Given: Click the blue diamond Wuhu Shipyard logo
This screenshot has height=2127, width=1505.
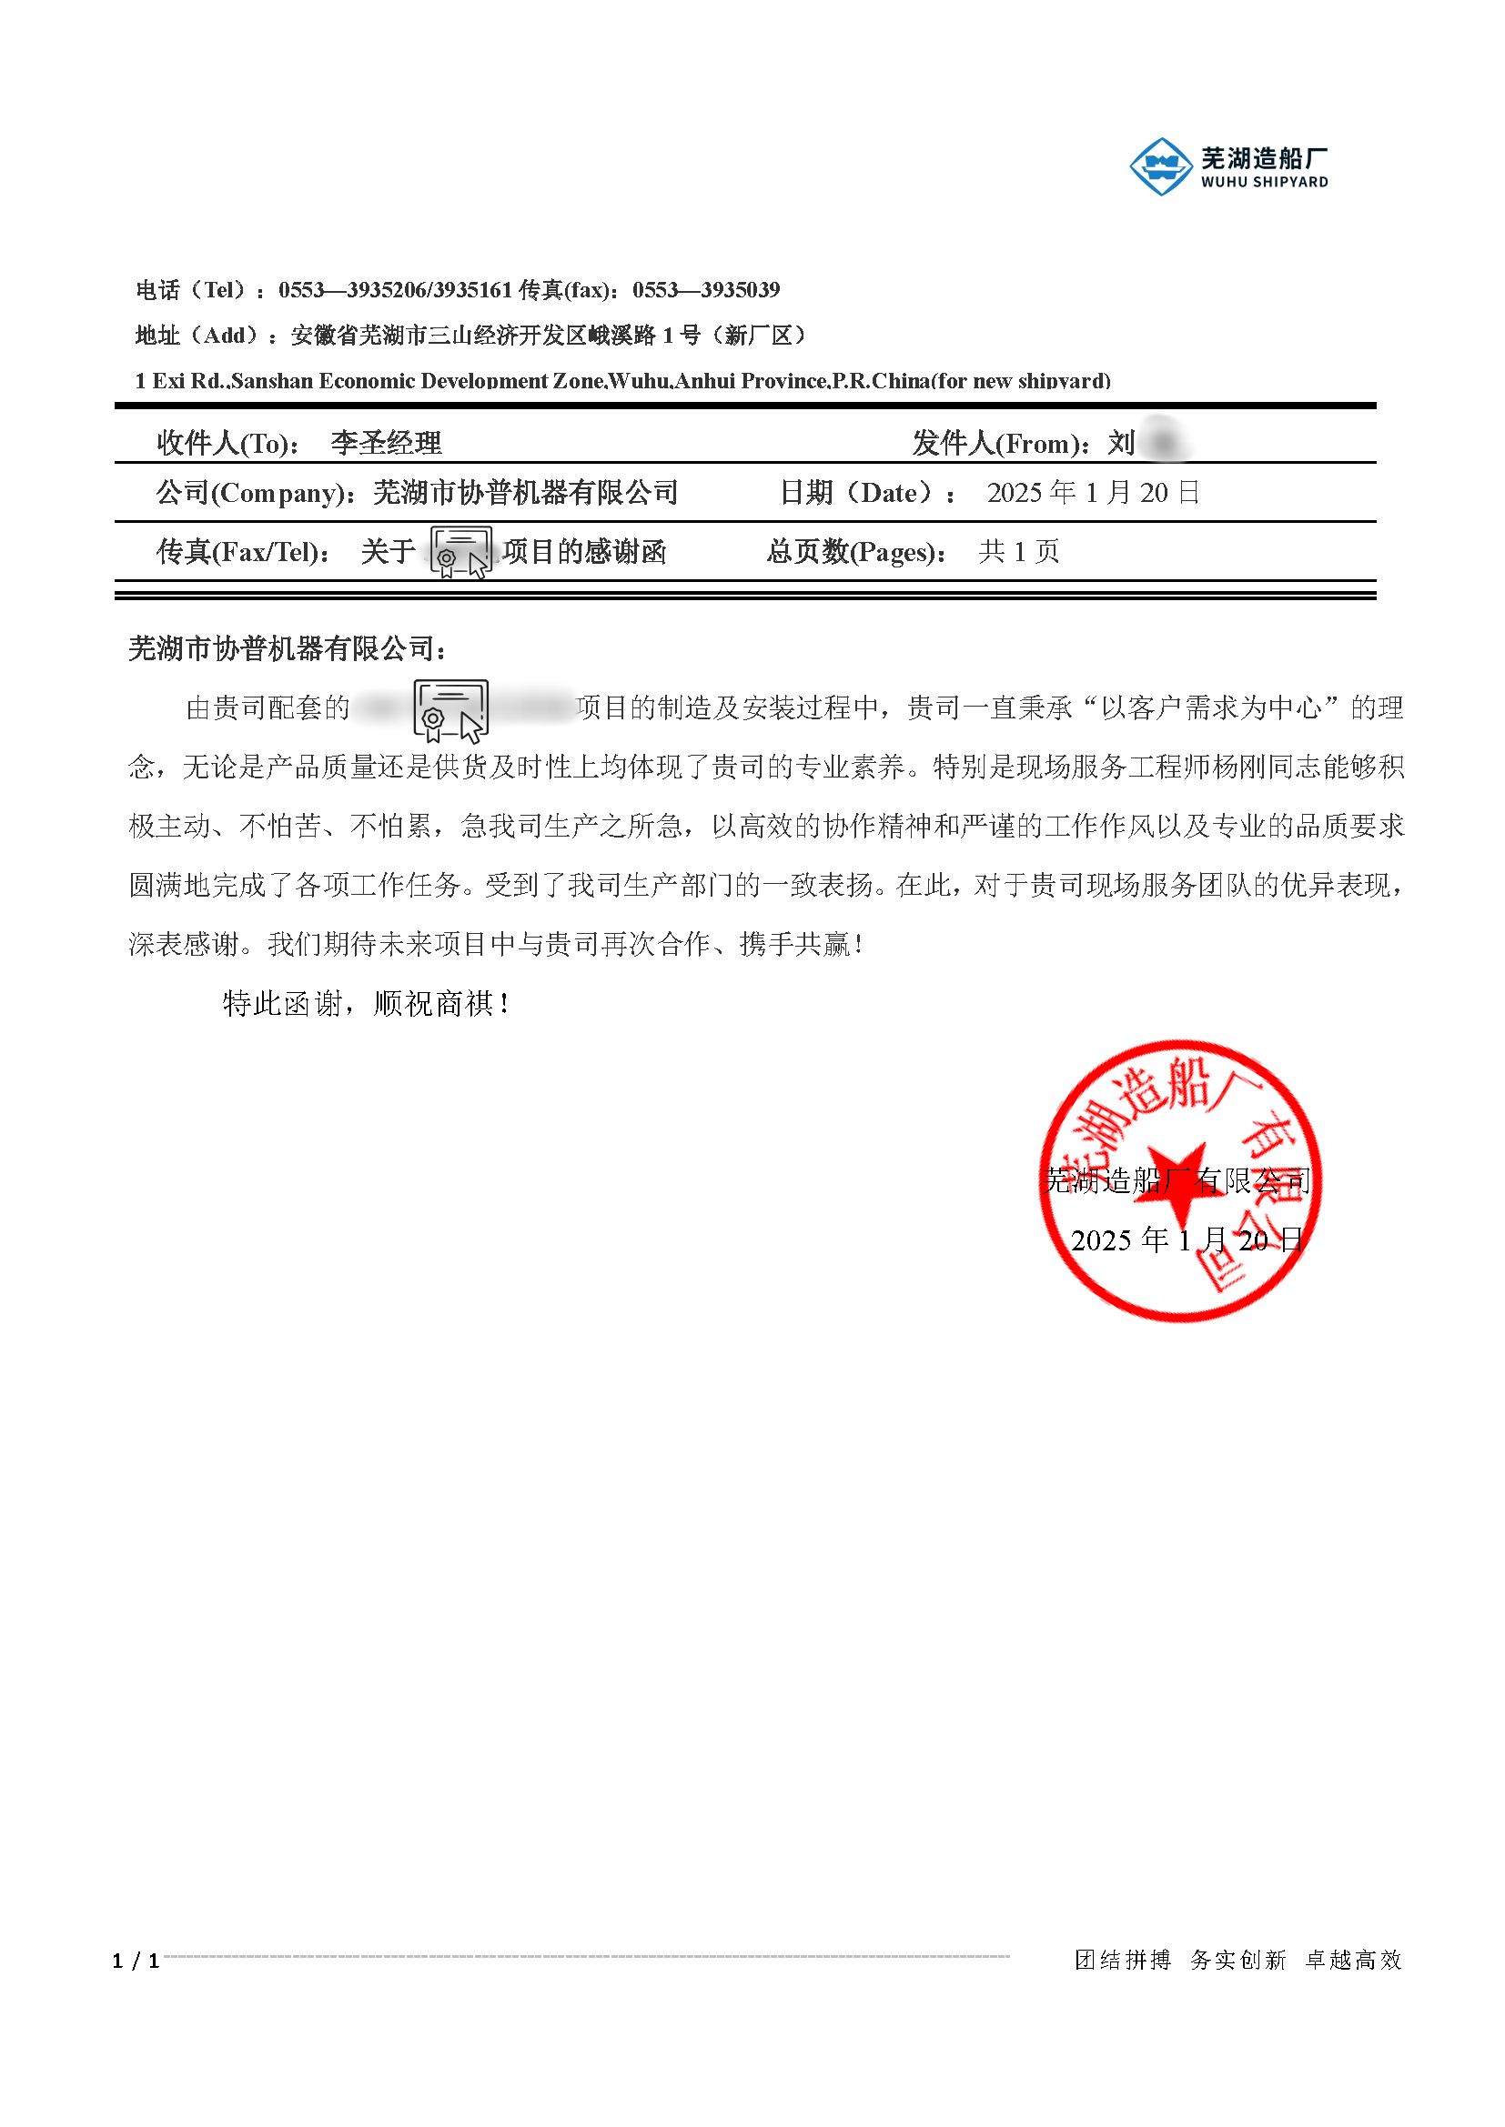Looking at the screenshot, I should point(1160,166).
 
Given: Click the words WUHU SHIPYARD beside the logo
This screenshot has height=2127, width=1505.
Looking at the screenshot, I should point(1264,183).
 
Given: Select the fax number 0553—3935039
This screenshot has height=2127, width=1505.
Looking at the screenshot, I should point(705,290).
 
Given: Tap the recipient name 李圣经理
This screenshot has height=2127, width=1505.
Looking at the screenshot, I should point(386,443).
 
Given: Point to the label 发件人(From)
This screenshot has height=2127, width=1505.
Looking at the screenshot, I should point(999,444).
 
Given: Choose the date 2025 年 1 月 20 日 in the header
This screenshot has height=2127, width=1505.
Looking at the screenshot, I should point(1093,493).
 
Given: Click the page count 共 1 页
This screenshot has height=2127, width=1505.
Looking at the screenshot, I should point(1018,552).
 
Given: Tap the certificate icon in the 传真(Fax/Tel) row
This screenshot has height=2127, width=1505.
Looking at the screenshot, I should point(460,552).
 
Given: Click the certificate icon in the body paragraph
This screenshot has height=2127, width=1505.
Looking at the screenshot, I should point(450,710).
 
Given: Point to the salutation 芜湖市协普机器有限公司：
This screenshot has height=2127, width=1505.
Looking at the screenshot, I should point(288,648).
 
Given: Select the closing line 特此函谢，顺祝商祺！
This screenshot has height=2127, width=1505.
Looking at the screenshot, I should point(366,1003).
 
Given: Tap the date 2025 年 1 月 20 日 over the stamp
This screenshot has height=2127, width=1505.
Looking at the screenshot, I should point(1187,1239).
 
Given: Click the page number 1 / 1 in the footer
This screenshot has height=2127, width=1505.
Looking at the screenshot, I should point(136,1961).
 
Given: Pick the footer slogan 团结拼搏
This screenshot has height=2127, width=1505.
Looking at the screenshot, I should point(1122,1960).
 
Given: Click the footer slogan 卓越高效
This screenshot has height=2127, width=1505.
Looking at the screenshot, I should point(1353,1960).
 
